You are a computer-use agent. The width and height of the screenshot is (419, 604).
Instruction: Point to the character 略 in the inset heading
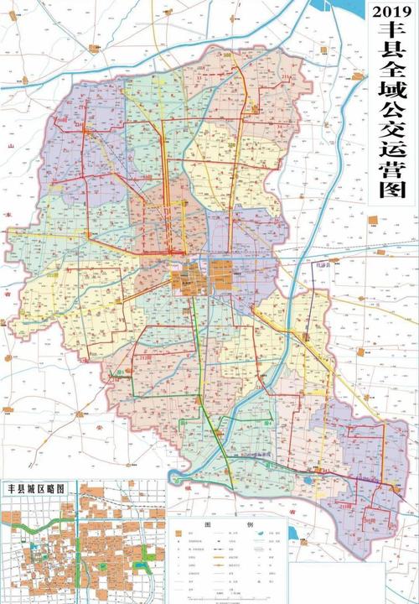pos(54,487)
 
